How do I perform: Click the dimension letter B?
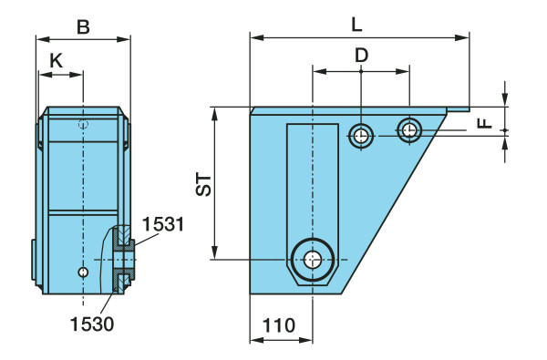pyautogui.click(x=83, y=26)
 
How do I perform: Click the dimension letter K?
pyautogui.click(x=56, y=61)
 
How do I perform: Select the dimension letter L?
pyautogui.click(x=356, y=25)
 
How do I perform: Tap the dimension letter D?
pyautogui.click(x=361, y=56)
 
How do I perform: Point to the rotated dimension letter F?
pyautogui.click(x=485, y=123)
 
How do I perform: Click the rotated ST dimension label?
pyautogui.click(x=203, y=185)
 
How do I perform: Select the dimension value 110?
pyautogui.click(x=278, y=325)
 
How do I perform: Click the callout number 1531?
pyautogui.click(x=162, y=224)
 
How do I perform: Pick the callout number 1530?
pyautogui.click(x=92, y=324)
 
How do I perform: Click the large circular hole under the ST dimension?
pyautogui.click(x=313, y=260)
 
